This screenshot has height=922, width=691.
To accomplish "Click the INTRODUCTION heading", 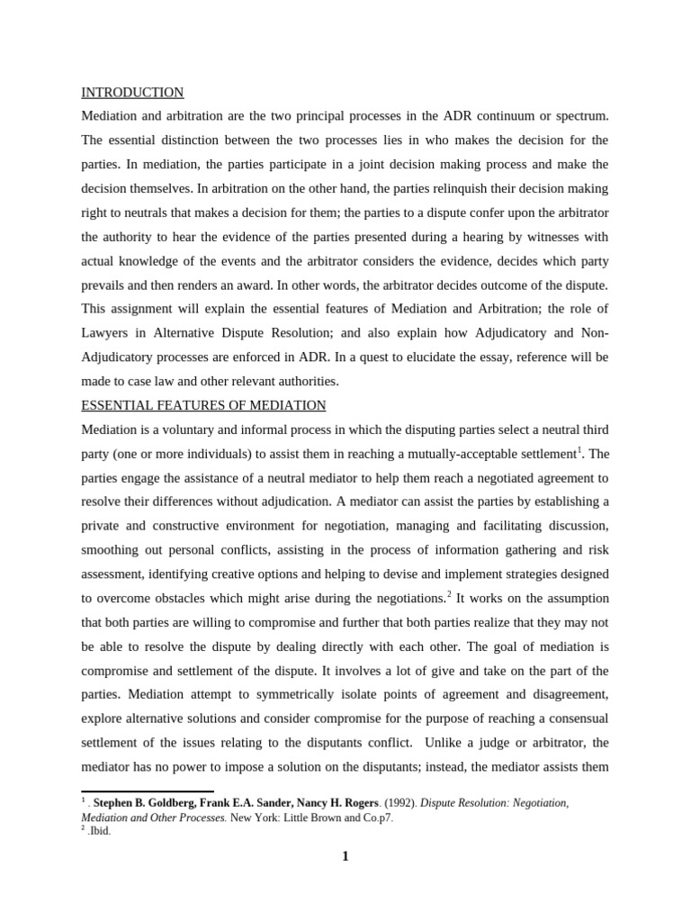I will pos(132,93).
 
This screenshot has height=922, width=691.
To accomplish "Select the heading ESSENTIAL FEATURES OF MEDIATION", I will pos(203,405).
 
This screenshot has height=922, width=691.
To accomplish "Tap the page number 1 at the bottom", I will pos(345,856).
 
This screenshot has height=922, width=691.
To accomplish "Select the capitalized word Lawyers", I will pos(106,333).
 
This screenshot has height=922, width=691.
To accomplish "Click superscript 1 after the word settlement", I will pos(580,449).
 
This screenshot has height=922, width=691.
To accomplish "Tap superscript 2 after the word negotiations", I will pos(450,594).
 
